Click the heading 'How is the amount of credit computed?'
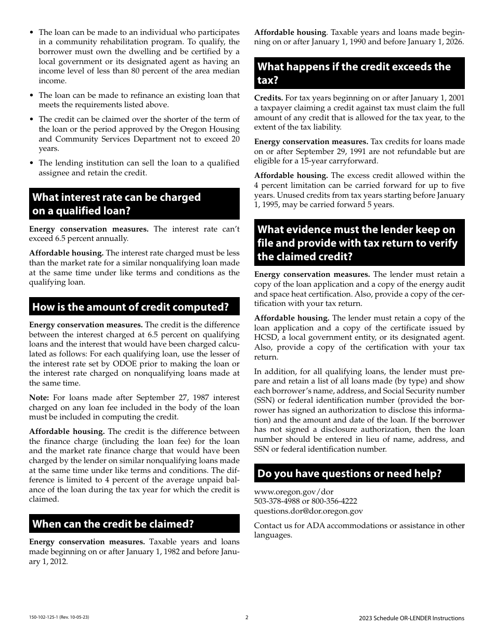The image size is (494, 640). [x=131, y=307]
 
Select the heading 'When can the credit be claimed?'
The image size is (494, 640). [x=113, y=523]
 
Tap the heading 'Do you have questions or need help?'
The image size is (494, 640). [x=349, y=473]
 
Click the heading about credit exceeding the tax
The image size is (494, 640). [x=354, y=73]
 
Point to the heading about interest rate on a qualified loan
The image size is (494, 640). [x=116, y=204]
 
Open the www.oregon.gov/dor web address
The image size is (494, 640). [x=294, y=492]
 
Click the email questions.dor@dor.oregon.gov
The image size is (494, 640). [x=308, y=511]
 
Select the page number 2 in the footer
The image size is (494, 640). [x=247, y=618]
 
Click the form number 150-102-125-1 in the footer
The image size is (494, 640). [x=45, y=618]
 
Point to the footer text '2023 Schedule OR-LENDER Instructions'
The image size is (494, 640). [x=411, y=618]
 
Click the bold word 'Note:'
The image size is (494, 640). [x=39, y=398]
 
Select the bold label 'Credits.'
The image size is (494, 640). [x=268, y=98]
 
